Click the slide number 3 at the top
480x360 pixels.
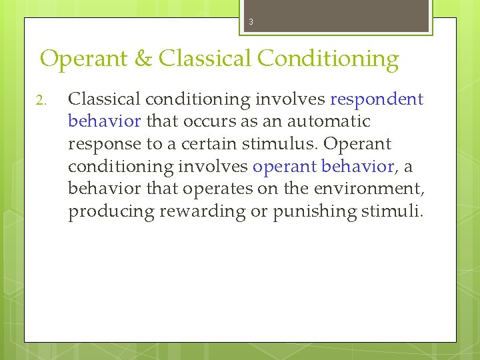pyautogui.click(x=251, y=22)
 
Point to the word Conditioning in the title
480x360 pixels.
pyautogui.click(x=327, y=59)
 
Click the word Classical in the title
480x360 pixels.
pyautogui.click(x=204, y=59)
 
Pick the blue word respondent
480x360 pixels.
pyautogui.click(x=377, y=99)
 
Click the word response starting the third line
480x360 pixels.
pyautogui.click(x=101, y=144)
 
